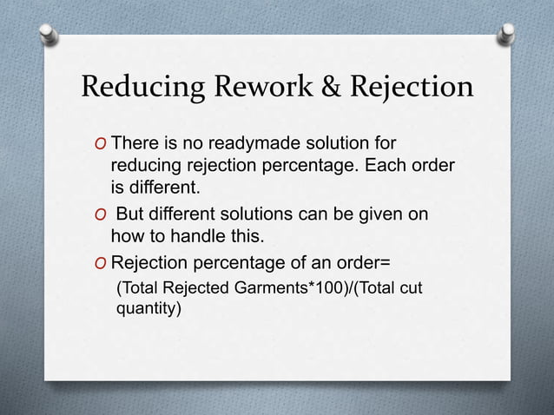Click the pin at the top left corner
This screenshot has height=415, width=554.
(x=46, y=33)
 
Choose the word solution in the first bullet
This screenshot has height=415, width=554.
(x=321, y=142)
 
